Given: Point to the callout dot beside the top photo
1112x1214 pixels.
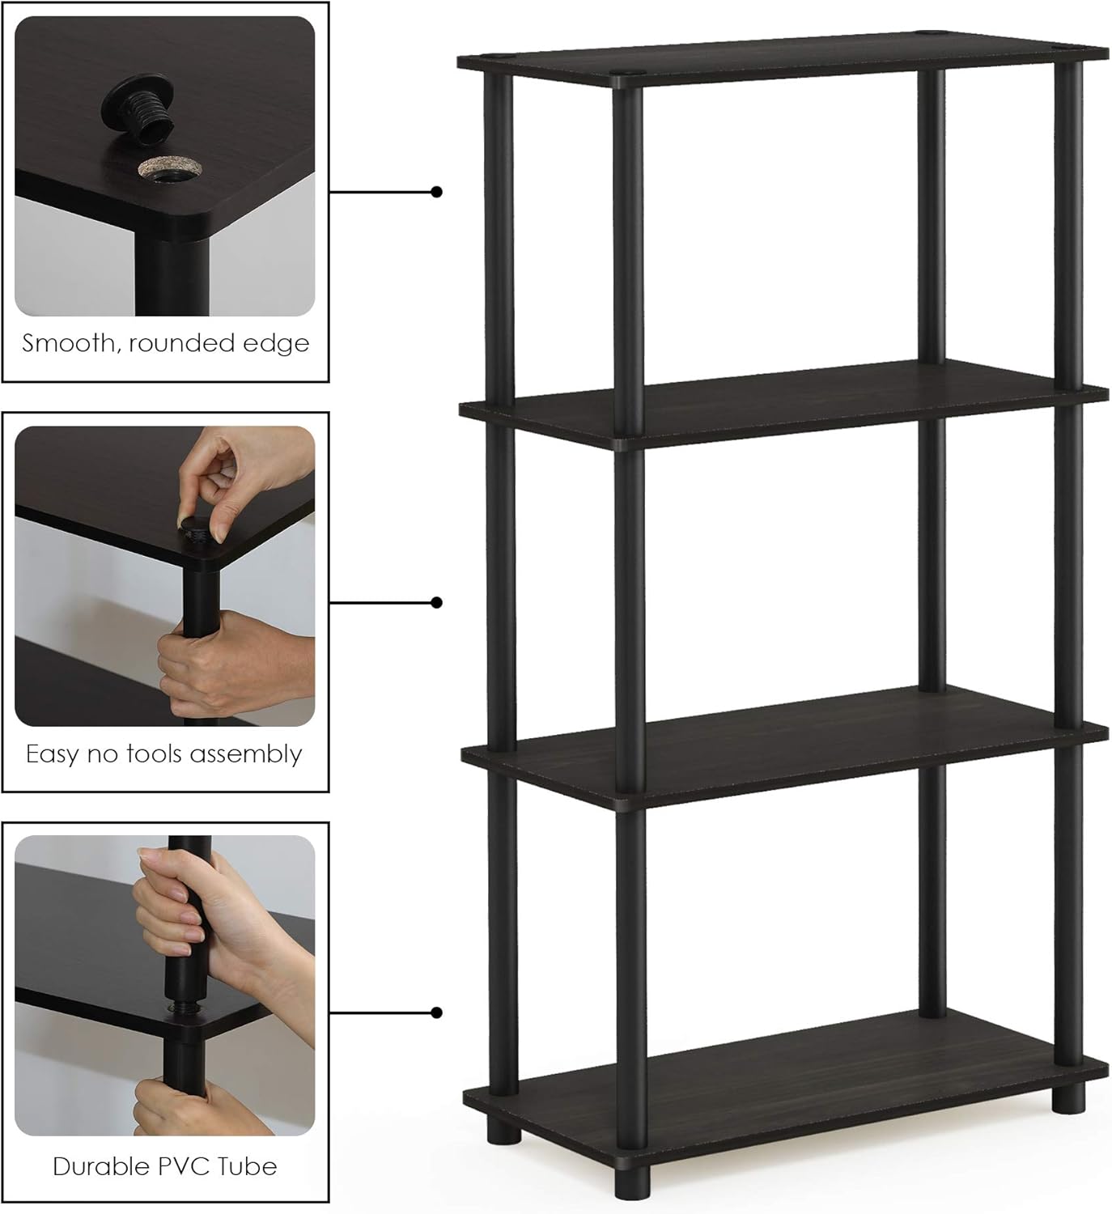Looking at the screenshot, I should [437, 192].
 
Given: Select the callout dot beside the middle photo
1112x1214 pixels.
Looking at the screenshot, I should [437, 602].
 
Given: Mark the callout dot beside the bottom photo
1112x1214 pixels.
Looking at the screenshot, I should [437, 1012].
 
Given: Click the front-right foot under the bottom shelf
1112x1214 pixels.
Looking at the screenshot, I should [1068, 1097].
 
